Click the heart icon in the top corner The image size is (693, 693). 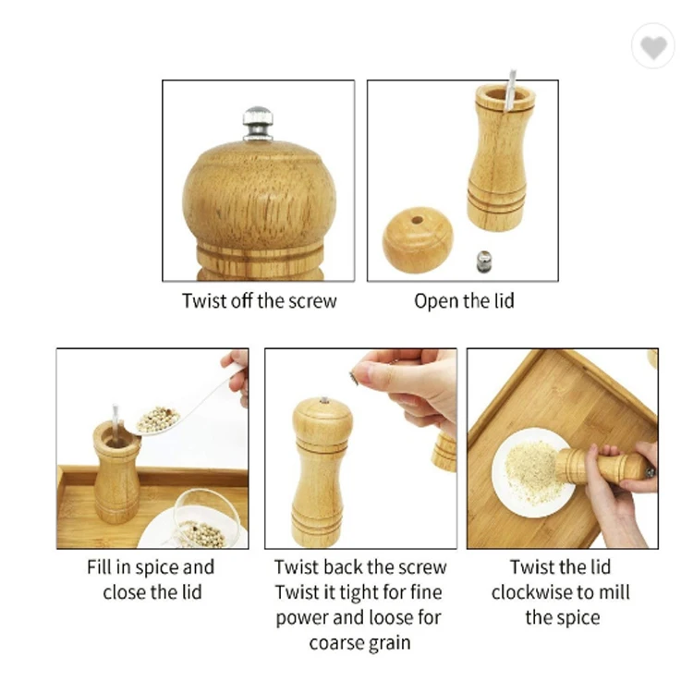point(653,47)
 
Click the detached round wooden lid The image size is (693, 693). point(418,239)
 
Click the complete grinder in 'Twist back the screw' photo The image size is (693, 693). point(321,471)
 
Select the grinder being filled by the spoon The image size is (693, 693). point(117,471)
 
